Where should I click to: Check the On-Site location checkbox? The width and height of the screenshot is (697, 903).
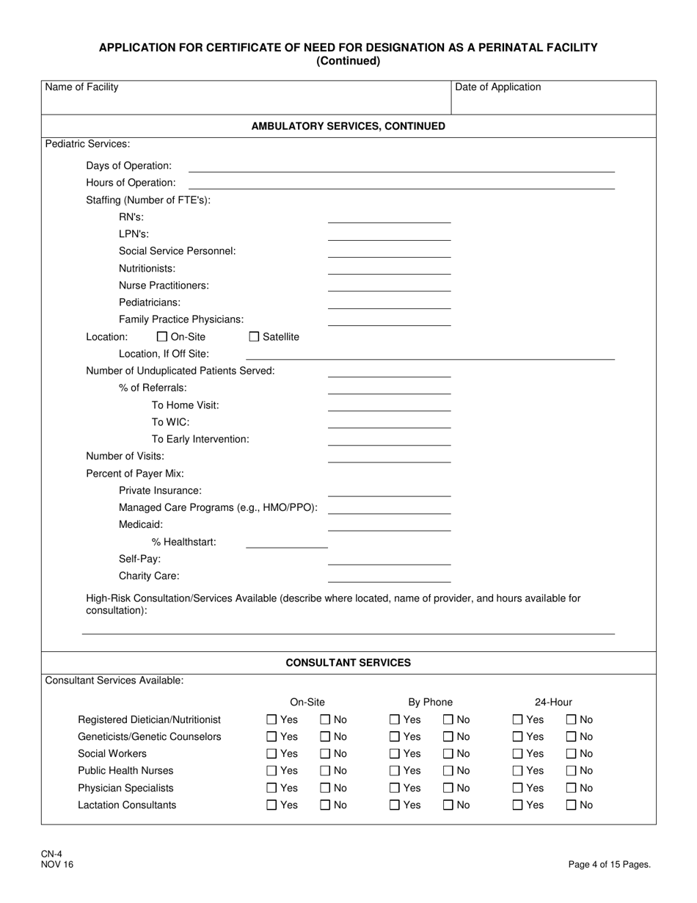(x=162, y=337)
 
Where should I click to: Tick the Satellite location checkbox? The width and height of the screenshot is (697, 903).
(x=255, y=337)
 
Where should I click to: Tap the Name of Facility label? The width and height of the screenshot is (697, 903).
(x=81, y=87)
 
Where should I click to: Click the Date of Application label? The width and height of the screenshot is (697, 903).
(x=497, y=87)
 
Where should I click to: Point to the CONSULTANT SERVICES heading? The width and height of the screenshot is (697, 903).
(x=348, y=663)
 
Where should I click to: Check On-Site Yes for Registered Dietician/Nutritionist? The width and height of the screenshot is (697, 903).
(x=271, y=720)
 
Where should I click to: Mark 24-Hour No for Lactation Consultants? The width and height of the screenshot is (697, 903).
(x=572, y=805)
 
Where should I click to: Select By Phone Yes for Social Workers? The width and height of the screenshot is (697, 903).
(x=395, y=754)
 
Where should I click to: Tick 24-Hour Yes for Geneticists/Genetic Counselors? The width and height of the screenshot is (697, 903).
(x=518, y=737)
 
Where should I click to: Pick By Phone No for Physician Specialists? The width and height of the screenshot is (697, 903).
(x=448, y=788)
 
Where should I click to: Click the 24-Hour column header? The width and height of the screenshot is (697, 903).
(x=553, y=703)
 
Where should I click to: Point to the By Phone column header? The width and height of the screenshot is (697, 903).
(x=430, y=703)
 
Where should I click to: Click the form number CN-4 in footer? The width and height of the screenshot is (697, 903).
(x=51, y=854)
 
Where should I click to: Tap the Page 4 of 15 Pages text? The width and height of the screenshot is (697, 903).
(x=609, y=865)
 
